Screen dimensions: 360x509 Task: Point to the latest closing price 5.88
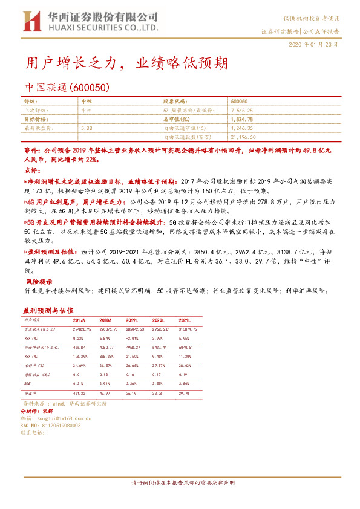pyautogui.click(x=86, y=128)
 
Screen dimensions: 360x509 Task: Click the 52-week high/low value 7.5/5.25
pyautogui.click(x=242, y=111)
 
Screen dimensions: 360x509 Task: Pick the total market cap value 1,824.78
pyautogui.click(x=242, y=120)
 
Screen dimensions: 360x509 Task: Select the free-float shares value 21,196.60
pyautogui.click(x=245, y=137)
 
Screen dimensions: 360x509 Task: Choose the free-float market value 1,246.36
pyautogui.click(x=242, y=128)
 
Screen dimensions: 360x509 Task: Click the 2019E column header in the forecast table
pyautogui.click(x=133, y=319)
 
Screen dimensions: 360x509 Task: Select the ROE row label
pyautogui.click(x=28, y=383)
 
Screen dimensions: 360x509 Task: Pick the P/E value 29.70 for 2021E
pyautogui.click(x=185, y=392)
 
